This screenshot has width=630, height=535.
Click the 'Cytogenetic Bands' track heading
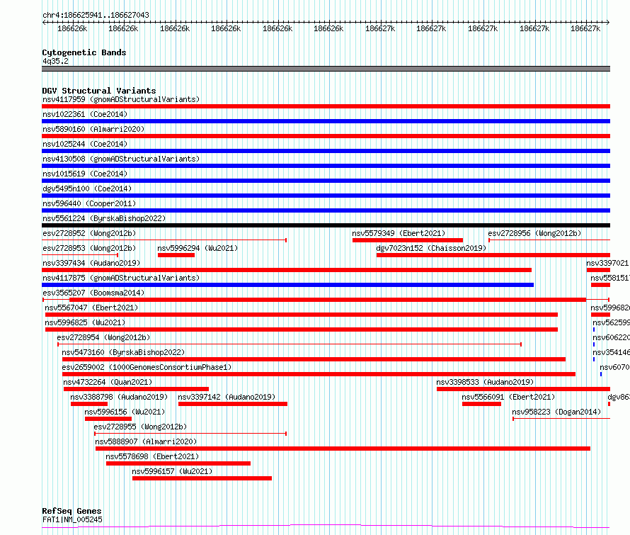point(84,52)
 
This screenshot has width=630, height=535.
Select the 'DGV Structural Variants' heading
point(98,91)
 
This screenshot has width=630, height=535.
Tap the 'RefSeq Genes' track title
point(71,511)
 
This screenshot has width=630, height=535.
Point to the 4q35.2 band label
point(55,61)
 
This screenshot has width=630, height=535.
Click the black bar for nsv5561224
point(326,225)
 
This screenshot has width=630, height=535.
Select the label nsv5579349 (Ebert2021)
point(399,233)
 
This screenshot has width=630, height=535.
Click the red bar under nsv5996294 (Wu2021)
point(176,255)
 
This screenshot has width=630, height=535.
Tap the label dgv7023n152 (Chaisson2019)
point(431,248)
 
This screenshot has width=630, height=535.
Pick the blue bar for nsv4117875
point(287,285)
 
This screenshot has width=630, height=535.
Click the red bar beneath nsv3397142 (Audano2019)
point(233,404)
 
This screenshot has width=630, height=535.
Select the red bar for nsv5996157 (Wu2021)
point(202,478)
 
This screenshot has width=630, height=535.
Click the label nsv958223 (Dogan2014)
point(556,412)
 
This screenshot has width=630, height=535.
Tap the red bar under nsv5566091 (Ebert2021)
point(481,404)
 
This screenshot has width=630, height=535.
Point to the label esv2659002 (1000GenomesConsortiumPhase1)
point(147,367)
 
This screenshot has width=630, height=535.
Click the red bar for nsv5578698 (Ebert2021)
point(178,463)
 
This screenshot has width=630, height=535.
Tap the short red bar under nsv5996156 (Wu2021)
point(108,419)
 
